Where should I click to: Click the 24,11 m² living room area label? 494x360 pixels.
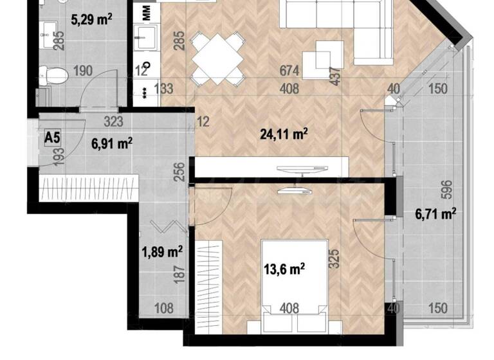coord(283,134)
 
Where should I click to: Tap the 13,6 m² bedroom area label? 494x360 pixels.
coord(284,267)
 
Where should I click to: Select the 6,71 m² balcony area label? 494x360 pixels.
coord(436,213)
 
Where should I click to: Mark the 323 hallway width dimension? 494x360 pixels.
coord(114,120)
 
